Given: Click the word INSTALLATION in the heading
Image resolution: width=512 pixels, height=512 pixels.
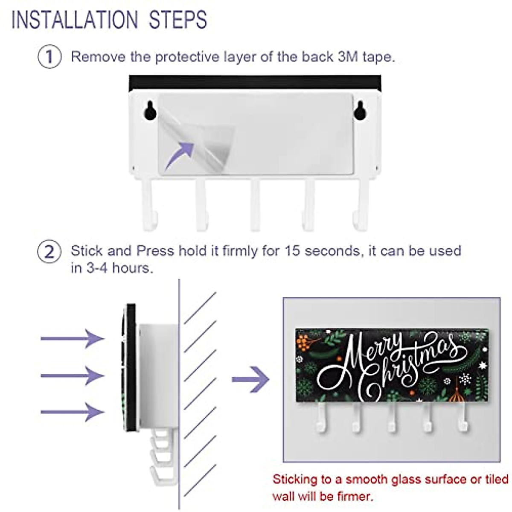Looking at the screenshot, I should click(75, 20).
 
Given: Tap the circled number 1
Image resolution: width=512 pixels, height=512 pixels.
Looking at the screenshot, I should click(49, 57).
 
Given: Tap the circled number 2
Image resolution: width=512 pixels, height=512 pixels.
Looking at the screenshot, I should click(49, 252).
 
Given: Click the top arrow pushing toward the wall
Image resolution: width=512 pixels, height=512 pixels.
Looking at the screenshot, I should click(73, 339).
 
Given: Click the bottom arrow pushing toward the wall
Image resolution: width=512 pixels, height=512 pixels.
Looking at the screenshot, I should click(73, 412).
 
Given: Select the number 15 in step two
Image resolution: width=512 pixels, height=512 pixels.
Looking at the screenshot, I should click(292, 250).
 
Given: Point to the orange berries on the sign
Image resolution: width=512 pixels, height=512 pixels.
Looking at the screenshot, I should click(304, 341).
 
